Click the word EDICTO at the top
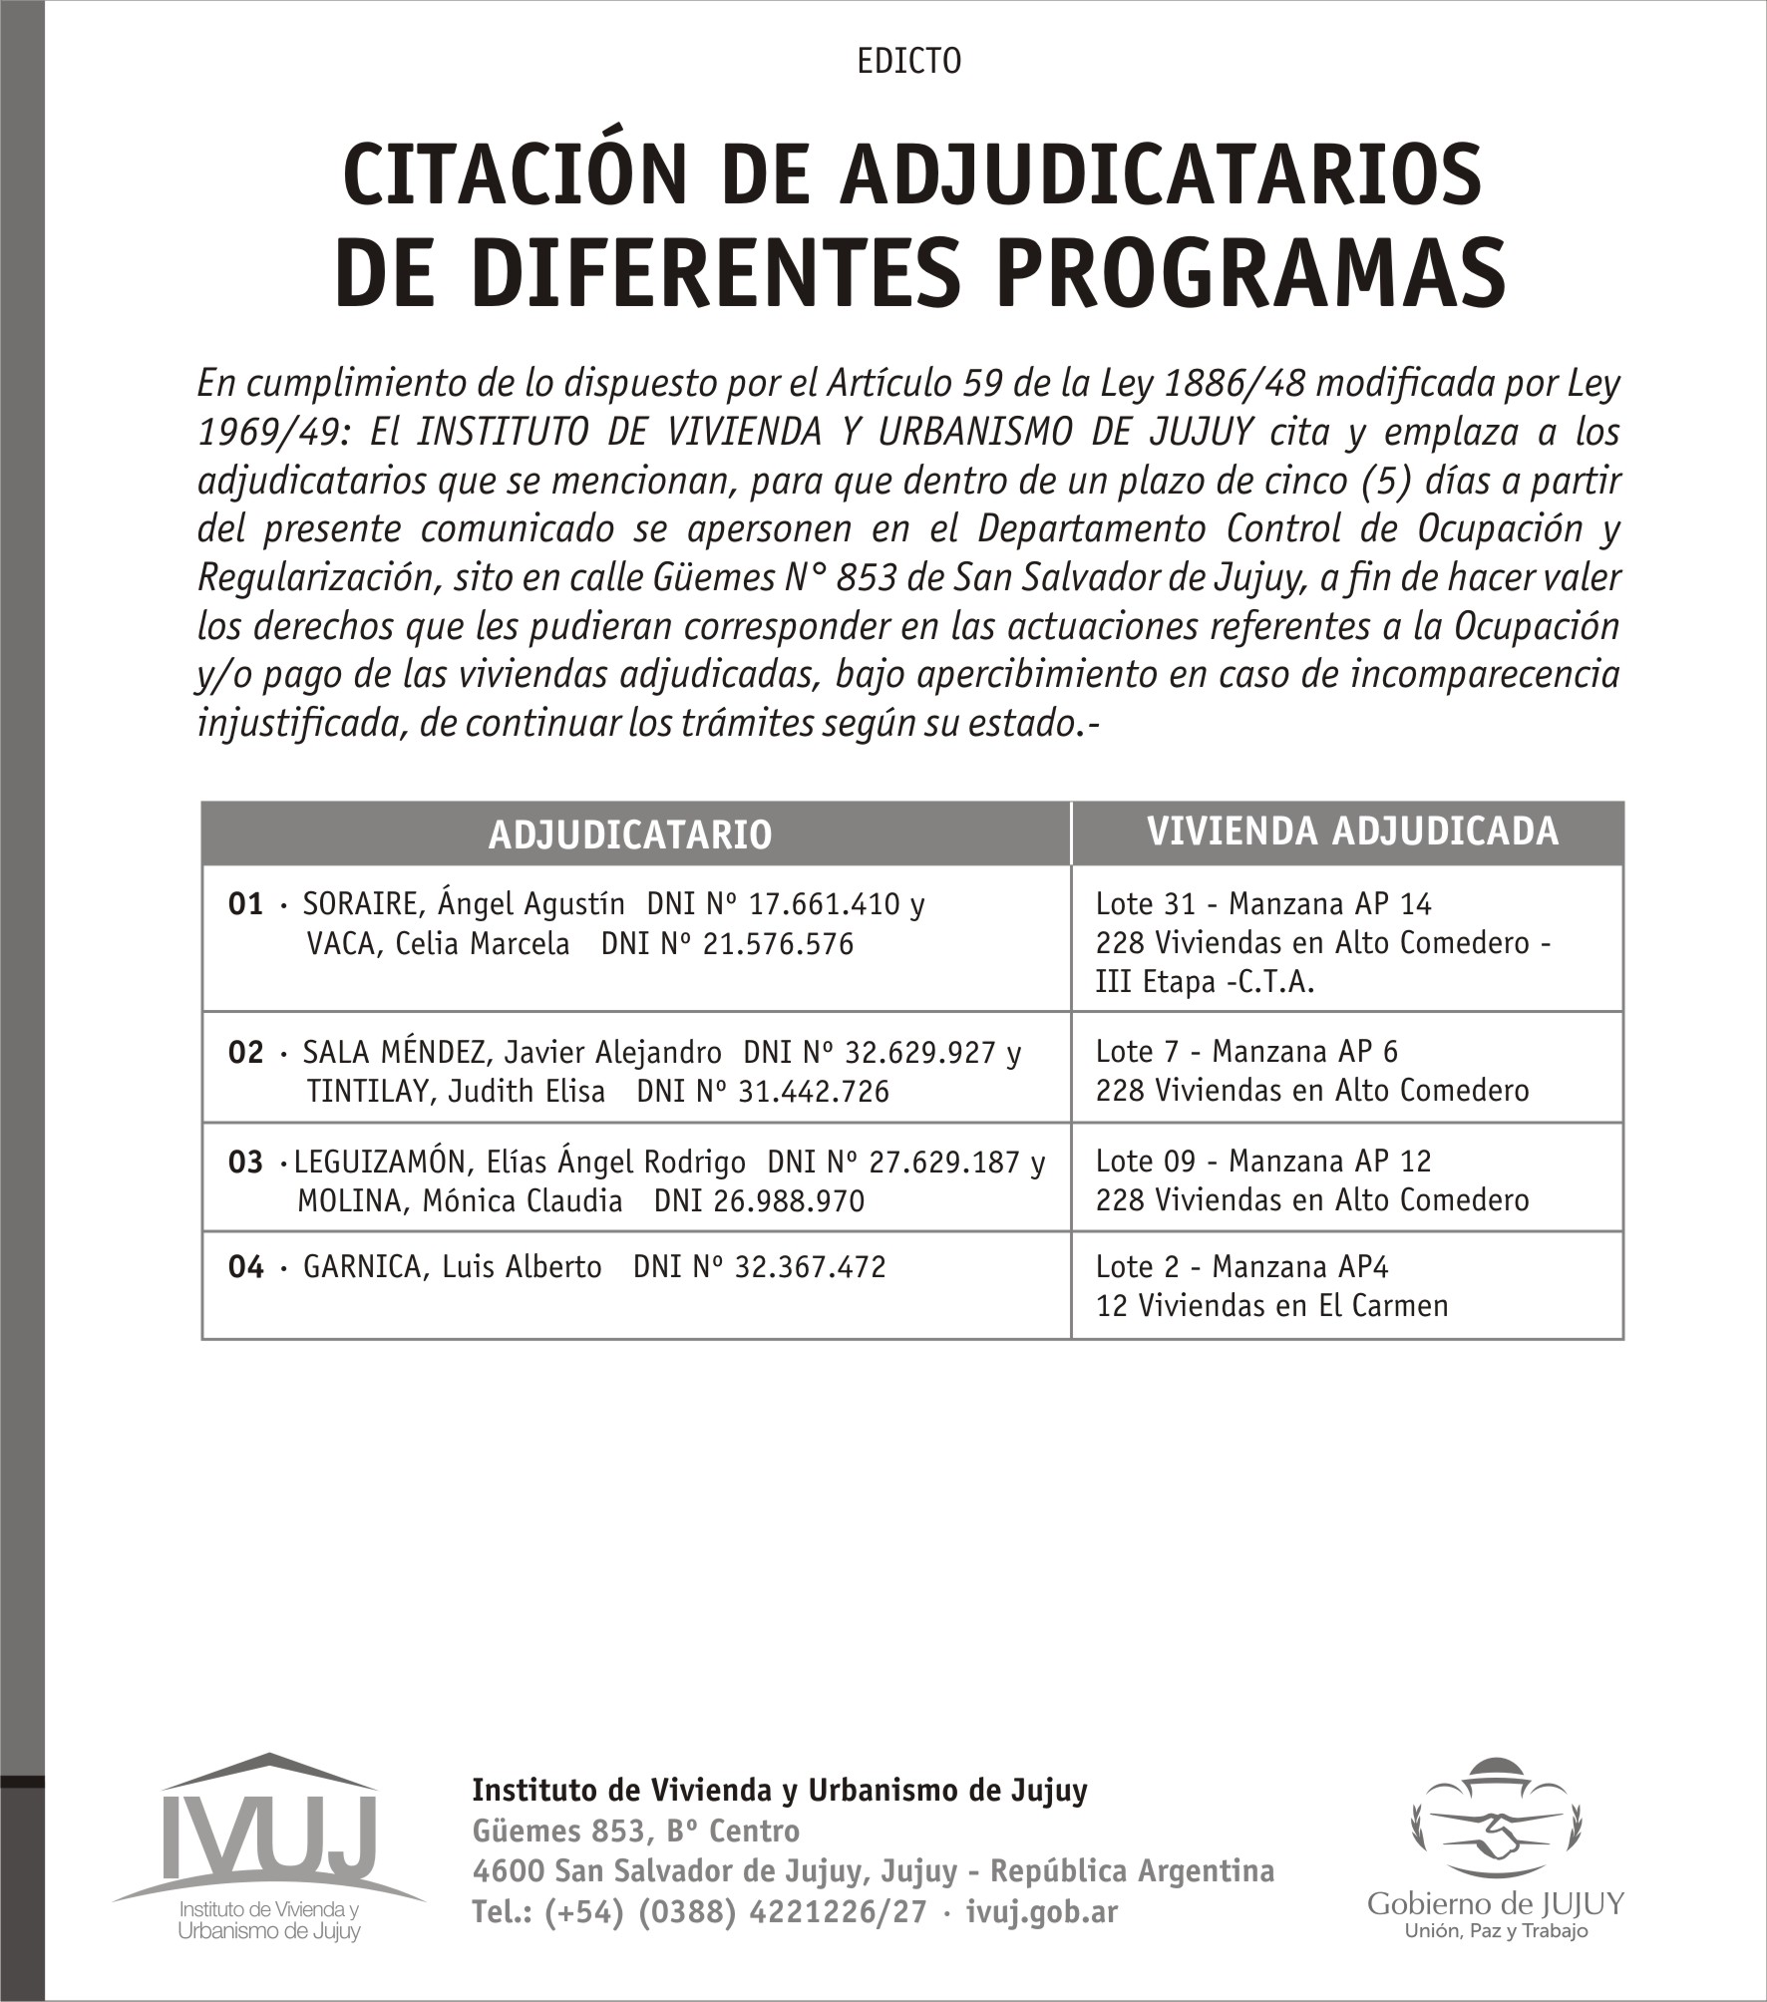(908, 62)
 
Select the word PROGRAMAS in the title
(1250, 273)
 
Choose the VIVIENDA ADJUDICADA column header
(1352, 832)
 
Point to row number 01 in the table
(245, 904)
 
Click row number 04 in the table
(245, 1267)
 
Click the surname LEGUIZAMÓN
(378, 1163)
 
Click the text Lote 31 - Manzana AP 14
(1263, 904)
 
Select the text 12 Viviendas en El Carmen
(1271, 1306)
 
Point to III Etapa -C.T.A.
(1205, 983)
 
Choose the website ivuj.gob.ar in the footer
(1042, 1912)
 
